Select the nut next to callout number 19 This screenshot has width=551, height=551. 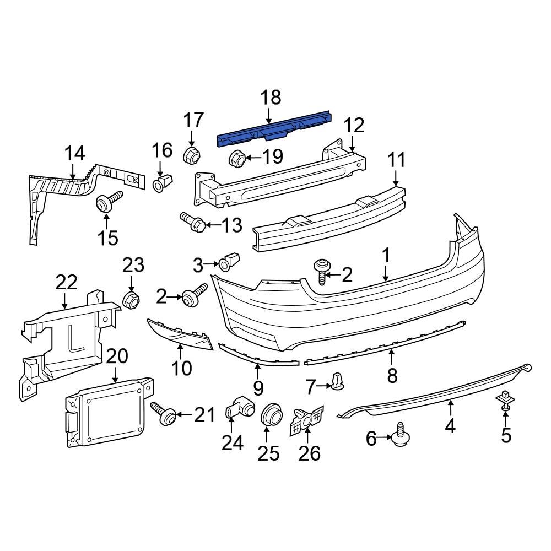(x=237, y=158)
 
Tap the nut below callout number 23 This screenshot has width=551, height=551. (x=131, y=300)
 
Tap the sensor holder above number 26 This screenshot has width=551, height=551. (x=307, y=420)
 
